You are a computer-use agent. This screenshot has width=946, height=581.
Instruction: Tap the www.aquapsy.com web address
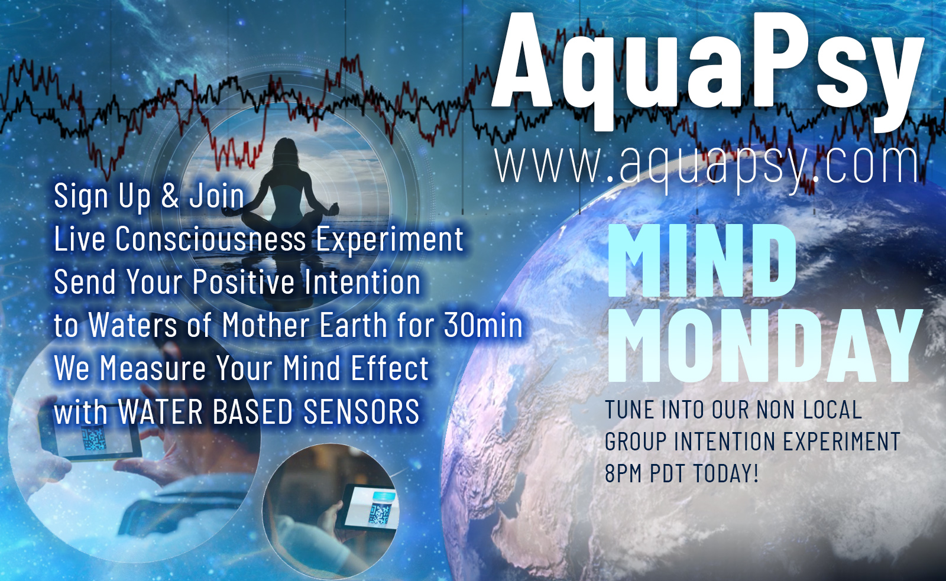[x=707, y=166]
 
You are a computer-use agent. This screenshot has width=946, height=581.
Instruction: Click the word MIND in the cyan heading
[x=702, y=261]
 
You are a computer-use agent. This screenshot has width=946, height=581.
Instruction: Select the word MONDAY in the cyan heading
[x=764, y=346]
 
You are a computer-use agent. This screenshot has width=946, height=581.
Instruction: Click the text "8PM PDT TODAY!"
[x=682, y=473]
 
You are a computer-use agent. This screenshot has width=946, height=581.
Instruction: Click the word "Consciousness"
[x=210, y=239]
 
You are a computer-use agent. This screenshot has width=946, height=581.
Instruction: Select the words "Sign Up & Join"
[x=149, y=196]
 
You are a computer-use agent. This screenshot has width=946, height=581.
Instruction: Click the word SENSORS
[x=361, y=411]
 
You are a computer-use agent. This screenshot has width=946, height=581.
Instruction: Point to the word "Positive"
[x=244, y=281]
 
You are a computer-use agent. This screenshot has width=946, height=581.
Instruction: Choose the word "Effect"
[x=390, y=368]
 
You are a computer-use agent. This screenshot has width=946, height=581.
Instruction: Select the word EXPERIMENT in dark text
[x=842, y=442]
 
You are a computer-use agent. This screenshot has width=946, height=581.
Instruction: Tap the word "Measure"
[x=153, y=368]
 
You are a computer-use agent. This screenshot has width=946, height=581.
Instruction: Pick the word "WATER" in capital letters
[x=160, y=411]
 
